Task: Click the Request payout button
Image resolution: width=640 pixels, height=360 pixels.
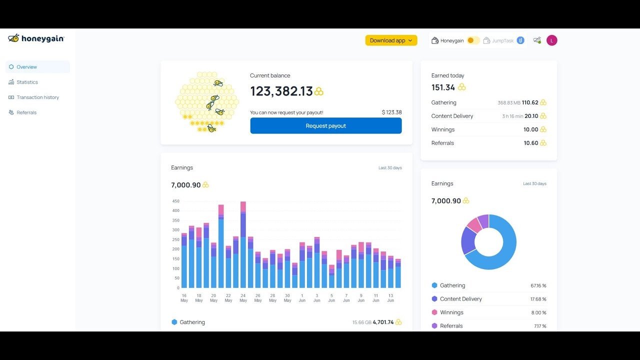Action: coord(325,126)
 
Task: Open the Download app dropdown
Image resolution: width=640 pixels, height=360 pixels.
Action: coord(391,40)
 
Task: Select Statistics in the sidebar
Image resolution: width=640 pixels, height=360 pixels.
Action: coord(27,82)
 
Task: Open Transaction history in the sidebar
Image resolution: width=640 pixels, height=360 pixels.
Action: coord(37,97)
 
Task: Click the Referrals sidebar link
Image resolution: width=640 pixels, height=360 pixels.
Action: coord(26,112)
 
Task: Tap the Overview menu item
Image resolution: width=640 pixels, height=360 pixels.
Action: coord(26,67)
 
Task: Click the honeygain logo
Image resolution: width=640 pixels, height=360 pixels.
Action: coord(36,38)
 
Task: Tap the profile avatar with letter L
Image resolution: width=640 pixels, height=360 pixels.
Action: coord(551,40)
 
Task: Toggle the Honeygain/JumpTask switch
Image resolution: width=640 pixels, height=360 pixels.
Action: coord(473,40)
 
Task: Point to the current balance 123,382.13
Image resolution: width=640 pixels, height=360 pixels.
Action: coord(281,91)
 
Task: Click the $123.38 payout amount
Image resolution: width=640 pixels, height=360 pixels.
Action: coord(391,112)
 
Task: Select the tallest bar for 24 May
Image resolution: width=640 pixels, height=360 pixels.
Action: coord(243,244)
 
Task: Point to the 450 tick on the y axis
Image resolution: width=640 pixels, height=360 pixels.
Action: coord(175,201)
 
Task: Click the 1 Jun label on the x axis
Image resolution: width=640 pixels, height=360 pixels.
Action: coord(302,298)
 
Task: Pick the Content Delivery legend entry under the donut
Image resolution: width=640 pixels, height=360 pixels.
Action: coord(460,299)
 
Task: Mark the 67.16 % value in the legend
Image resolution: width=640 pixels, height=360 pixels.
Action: coord(538,286)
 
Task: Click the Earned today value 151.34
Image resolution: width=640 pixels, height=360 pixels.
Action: coord(443,87)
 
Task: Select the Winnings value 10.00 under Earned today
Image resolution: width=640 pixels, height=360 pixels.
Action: coord(530,129)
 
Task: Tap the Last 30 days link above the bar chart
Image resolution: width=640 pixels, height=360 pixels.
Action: coord(390,168)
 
